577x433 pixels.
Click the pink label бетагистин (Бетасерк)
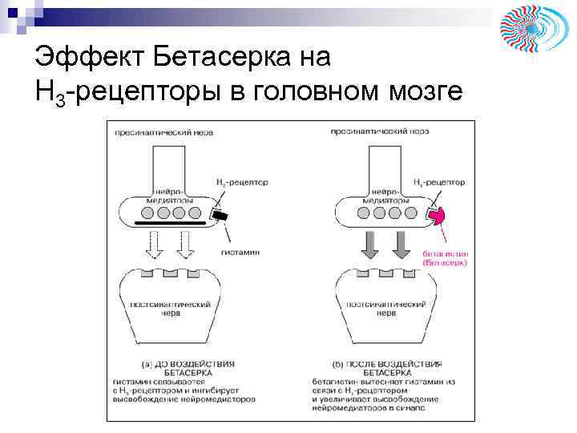[x=445, y=257]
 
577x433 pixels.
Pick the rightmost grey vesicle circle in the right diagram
[x=411, y=212]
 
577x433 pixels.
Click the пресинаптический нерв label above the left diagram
[x=163, y=132]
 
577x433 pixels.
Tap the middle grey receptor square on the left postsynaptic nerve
[x=169, y=273]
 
